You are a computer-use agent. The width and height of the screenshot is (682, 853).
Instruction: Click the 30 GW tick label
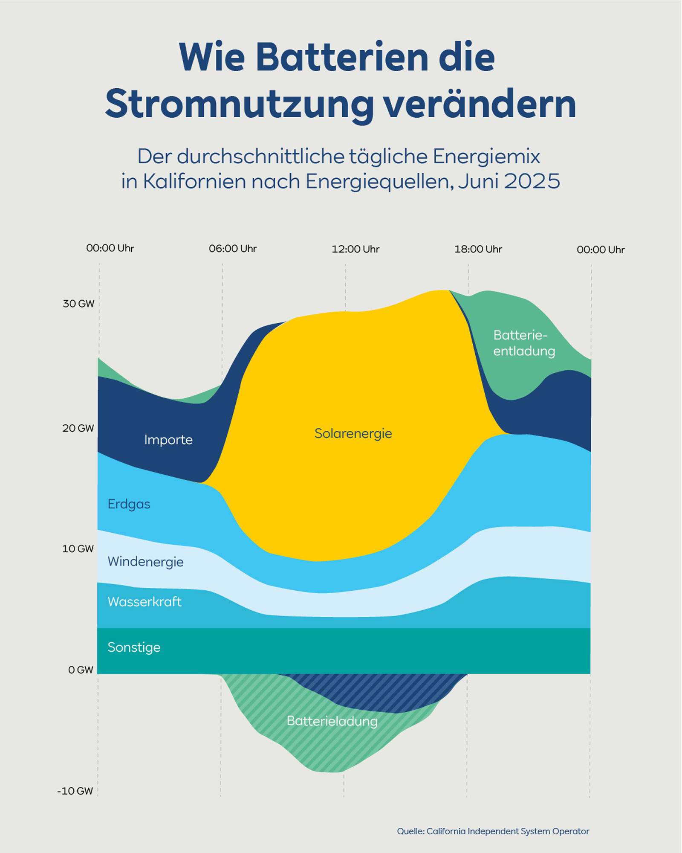78,304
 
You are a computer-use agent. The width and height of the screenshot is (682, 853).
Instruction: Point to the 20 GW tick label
78,428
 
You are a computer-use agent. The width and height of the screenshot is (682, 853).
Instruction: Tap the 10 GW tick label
78,549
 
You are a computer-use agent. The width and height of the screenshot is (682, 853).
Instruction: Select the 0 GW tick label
81,670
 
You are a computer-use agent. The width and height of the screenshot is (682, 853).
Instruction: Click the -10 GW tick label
75,791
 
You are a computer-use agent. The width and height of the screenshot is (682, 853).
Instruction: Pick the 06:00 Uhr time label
233,249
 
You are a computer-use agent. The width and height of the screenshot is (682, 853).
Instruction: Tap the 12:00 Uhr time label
355,249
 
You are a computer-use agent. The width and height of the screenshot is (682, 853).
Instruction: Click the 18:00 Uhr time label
478,249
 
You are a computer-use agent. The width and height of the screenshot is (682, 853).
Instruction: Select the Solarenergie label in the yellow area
353,433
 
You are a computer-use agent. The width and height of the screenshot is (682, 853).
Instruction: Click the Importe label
168,440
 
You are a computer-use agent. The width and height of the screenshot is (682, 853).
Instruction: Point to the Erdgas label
129,504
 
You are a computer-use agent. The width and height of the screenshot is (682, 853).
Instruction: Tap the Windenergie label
145,562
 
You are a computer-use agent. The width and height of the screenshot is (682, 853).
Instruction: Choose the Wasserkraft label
144,602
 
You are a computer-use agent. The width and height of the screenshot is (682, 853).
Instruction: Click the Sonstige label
134,647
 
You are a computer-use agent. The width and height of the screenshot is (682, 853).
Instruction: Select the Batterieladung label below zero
332,721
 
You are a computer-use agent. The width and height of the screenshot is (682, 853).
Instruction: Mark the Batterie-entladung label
524,343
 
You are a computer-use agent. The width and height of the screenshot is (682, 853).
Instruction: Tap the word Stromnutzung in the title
239,104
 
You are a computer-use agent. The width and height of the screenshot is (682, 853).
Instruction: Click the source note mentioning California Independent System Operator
493,831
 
